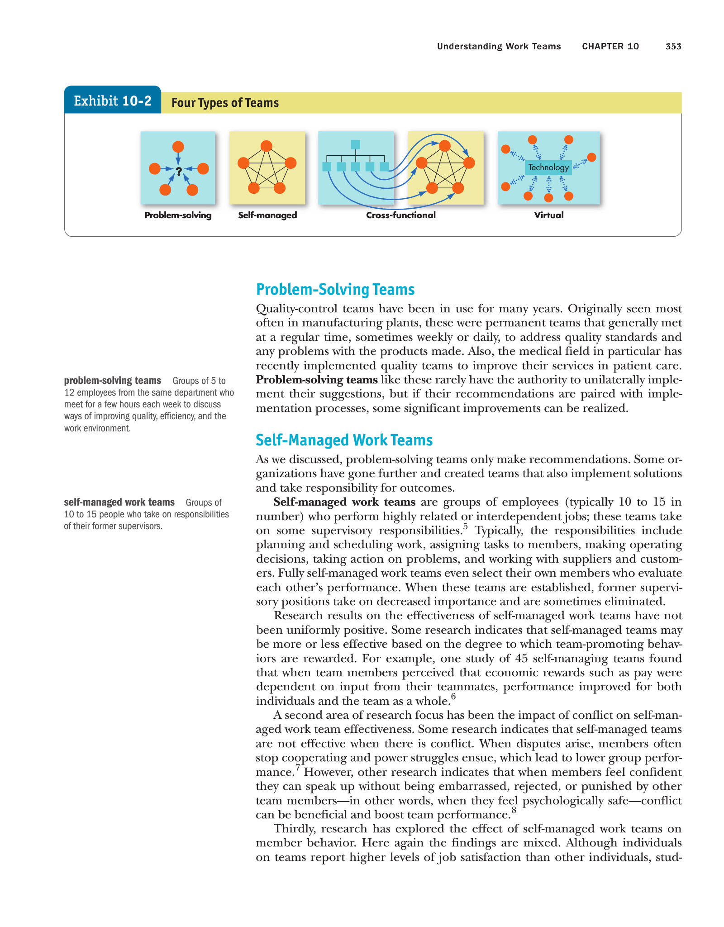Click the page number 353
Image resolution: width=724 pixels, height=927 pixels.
[673, 46]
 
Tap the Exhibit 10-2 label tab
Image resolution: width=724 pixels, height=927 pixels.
[113, 100]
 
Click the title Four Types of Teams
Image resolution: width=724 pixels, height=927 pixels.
[225, 103]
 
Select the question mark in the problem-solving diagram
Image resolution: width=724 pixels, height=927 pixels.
[179, 171]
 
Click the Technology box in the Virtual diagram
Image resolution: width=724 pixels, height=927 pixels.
[548, 167]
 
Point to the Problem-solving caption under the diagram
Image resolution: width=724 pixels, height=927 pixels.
[178, 215]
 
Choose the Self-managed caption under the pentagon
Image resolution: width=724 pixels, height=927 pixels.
[267, 215]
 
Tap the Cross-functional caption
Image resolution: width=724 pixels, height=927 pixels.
[400, 215]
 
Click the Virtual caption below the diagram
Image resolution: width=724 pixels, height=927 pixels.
[548, 215]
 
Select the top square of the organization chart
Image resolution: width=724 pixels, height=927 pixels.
[356, 144]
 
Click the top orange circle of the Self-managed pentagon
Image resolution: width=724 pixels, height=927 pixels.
[267, 146]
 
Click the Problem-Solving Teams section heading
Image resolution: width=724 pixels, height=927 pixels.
[335, 289]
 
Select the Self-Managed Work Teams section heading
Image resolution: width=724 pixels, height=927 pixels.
[344, 440]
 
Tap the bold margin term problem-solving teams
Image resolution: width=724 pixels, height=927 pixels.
[113, 381]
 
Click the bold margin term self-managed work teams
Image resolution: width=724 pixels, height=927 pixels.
[119, 502]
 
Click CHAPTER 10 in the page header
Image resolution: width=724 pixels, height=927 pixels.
[610, 46]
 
